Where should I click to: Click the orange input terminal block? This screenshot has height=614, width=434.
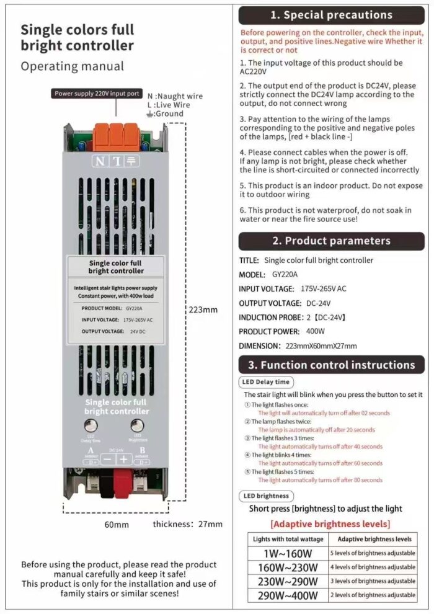pyautogui.click(x=116, y=133)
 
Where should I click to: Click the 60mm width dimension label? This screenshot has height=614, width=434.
pyautogui.click(x=117, y=525)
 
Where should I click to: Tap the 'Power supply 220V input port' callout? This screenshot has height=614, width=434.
pyautogui.click(x=96, y=94)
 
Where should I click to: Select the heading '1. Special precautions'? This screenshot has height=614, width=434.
pyautogui.click(x=332, y=15)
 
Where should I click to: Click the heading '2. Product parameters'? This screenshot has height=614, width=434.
pyautogui.click(x=332, y=241)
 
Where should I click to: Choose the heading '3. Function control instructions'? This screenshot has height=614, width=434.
pyautogui.click(x=332, y=365)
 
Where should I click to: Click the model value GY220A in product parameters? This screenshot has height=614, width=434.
pyautogui.click(x=285, y=274)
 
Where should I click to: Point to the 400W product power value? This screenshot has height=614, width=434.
pyautogui.click(x=315, y=331)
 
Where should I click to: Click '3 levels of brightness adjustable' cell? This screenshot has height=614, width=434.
pyautogui.click(x=372, y=581)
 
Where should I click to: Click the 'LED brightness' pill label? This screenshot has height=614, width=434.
pyautogui.click(x=265, y=496)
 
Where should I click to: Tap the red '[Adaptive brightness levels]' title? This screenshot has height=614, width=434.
pyautogui.click(x=330, y=524)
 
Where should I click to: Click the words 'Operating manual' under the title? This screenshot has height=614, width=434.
pyautogui.click(x=73, y=66)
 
